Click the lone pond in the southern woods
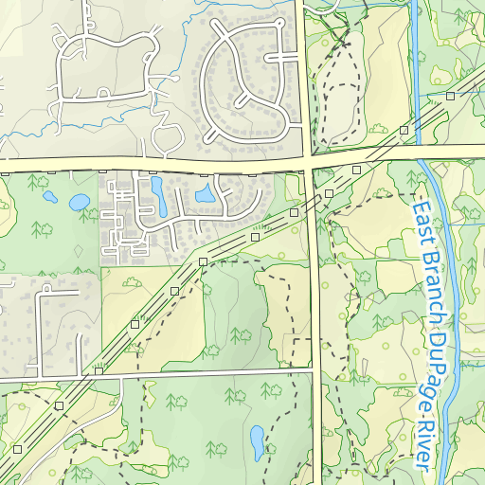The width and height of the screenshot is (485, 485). (x=257, y=440)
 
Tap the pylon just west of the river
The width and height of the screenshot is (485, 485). (x=404, y=129)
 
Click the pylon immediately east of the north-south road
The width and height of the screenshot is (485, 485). (x=329, y=193)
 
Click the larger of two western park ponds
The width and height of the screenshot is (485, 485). (x=79, y=202)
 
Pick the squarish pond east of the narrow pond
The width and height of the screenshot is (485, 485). (x=204, y=195)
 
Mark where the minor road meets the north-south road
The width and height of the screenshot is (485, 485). (x=316, y=370)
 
